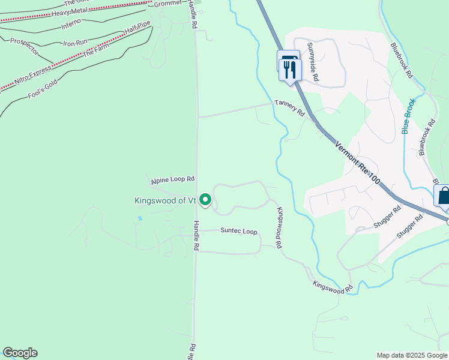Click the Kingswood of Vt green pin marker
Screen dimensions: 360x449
[x=205, y=200]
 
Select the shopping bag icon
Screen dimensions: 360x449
[x=444, y=196]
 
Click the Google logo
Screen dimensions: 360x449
[x=20, y=353]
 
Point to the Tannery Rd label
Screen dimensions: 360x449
[x=290, y=108]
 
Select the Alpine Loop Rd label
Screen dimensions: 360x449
[x=173, y=179]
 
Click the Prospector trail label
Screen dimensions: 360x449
[x=24, y=47]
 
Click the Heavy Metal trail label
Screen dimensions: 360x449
[x=70, y=13]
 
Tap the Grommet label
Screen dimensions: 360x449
[x=167, y=4]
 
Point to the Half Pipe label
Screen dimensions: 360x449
[x=137, y=27]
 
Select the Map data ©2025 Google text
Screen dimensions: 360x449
[x=412, y=355]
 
